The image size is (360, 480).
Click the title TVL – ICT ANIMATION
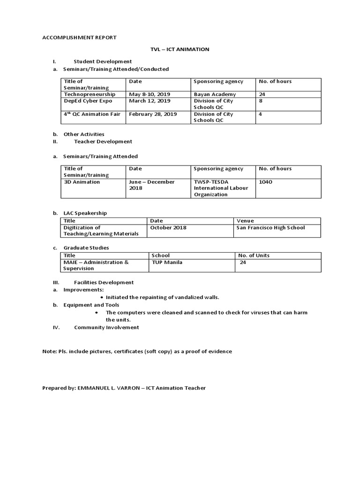coord(180,49)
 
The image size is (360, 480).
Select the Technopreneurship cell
coord(89,94)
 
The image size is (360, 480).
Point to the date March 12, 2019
coord(150,101)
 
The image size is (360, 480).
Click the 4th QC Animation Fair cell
coord(92,114)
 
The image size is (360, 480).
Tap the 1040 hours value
coord(265,182)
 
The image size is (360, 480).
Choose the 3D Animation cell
coord(82,182)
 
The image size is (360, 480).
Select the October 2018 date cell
coord(168,227)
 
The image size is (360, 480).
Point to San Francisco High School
coord(270,227)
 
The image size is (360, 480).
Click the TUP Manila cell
coord(167,262)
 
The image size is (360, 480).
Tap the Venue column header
coord(245,221)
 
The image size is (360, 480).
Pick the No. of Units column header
coord(254,255)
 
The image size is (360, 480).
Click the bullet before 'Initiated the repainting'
coord(103,298)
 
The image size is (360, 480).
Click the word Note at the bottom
coord(49,351)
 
